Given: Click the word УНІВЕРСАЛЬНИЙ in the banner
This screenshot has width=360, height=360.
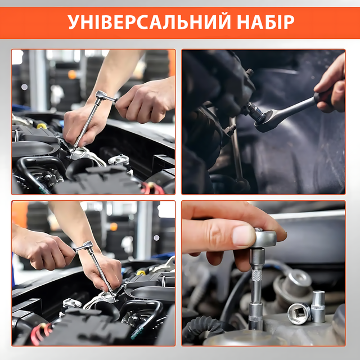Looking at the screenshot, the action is (x=149, y=22).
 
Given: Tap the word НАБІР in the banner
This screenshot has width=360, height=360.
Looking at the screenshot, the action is (x=265, y=22).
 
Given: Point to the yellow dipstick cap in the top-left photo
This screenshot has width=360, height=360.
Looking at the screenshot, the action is (x=41, y=126).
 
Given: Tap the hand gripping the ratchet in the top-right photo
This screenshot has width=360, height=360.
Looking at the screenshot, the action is (x=331, y=85).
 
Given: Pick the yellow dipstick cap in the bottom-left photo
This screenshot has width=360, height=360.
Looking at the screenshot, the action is (x=141, y=272).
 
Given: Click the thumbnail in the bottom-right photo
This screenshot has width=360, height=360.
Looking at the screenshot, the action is (x=244, y=235).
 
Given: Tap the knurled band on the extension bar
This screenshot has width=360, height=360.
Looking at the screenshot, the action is (x=257, y=275).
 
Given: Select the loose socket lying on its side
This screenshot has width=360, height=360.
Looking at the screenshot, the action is (x=299, y=313).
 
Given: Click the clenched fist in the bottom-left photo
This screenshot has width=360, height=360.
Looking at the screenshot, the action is (x=43, y=250).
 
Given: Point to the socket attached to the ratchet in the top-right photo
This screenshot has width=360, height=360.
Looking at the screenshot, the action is (x=255, y=111).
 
